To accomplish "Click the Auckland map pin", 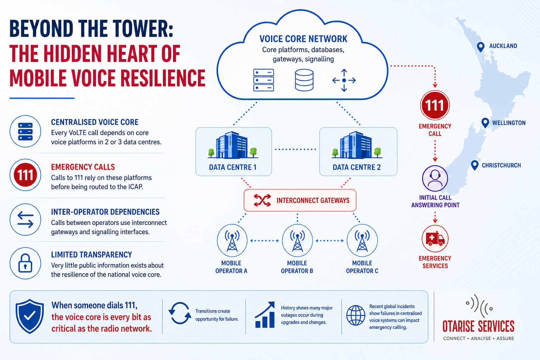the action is click(481, 47).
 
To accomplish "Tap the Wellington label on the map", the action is click(509, 123).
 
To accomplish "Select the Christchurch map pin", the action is click(475, 165).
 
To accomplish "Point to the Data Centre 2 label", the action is click(356, 167).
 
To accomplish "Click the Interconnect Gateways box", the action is click(300, 200).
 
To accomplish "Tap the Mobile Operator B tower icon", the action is click(297, 240).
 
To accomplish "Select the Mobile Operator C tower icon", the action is click(362, 240).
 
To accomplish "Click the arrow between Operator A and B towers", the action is click(265, 240).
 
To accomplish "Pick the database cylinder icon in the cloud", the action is click(304, 80).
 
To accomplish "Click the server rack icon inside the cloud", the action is click(263, 80).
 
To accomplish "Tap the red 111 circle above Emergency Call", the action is click(435, 105).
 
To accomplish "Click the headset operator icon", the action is click(435, 179).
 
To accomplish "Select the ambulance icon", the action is click(435, 239).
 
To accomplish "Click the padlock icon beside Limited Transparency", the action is click(25, 263).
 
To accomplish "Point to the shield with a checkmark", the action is click(30, 316).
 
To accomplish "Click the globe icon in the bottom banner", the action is click(355, 315).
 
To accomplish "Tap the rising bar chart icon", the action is click(265, 315).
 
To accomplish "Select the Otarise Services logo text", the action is click(478, 327).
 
